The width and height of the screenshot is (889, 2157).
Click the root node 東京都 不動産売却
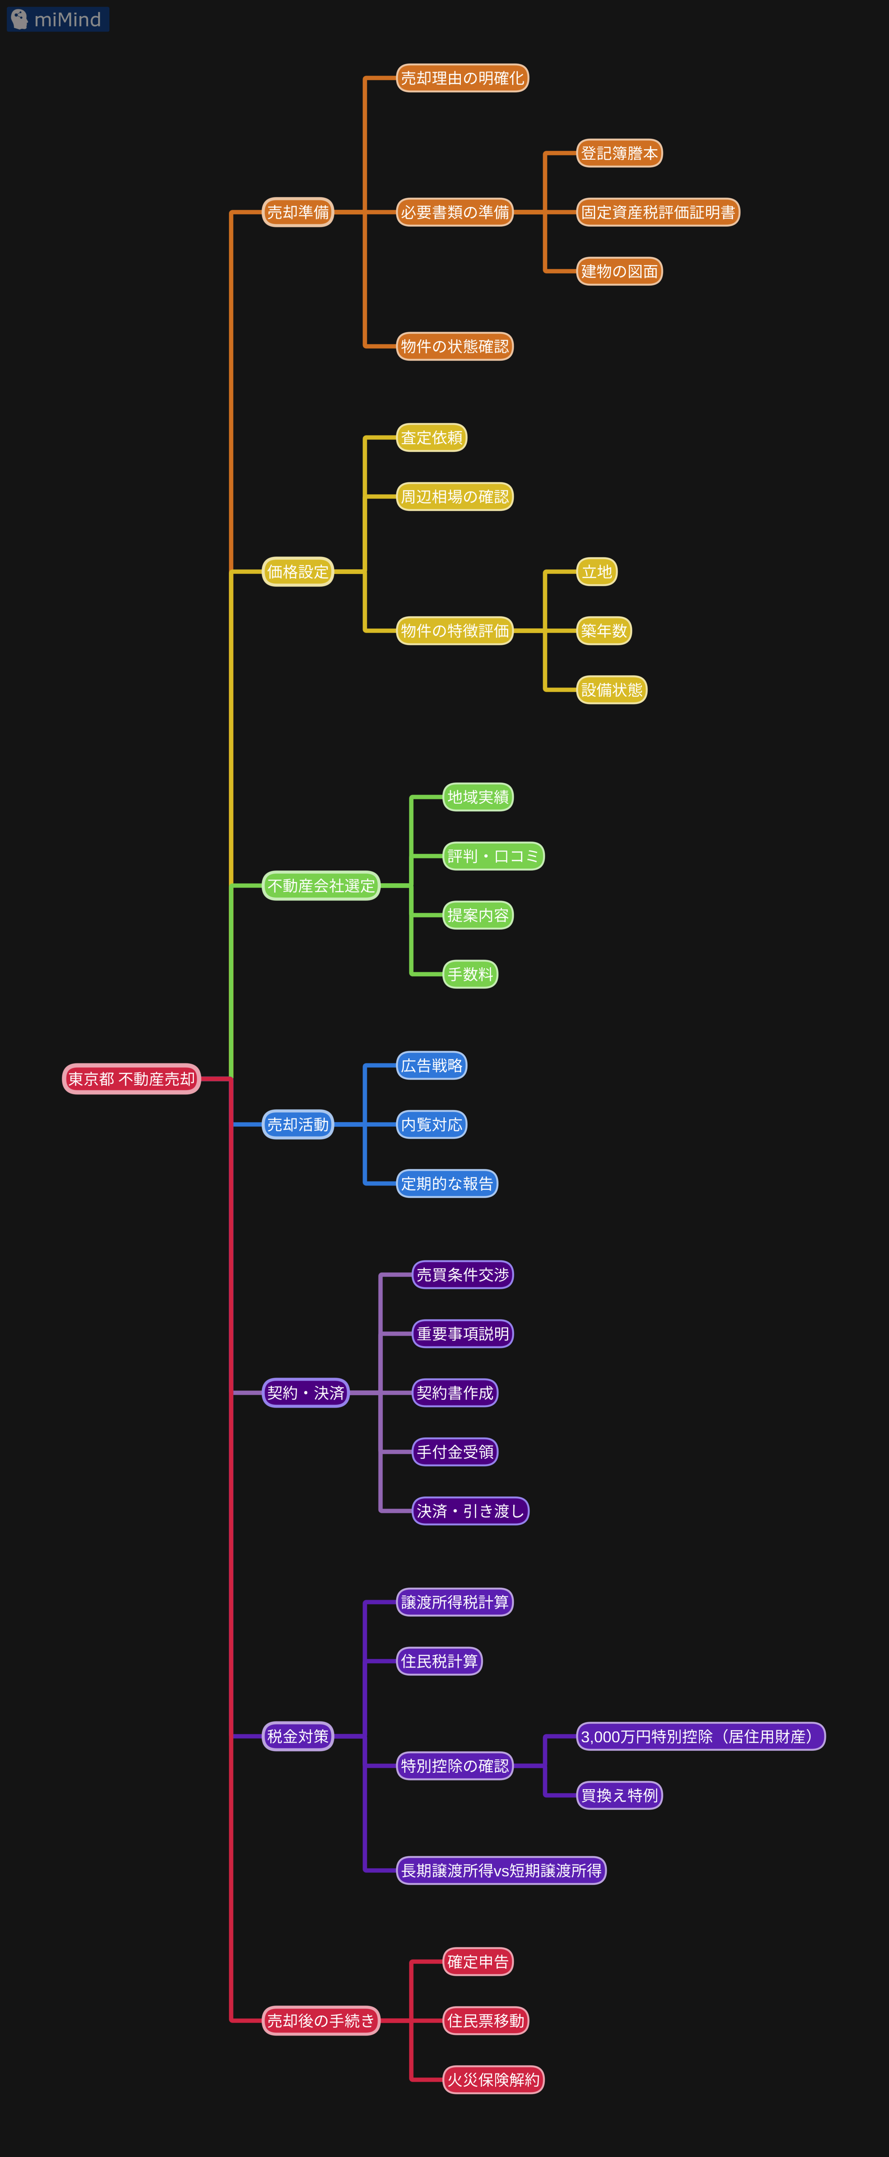click(x=131, y=1078)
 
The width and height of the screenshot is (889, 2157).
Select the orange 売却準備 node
click(x=298, y=212)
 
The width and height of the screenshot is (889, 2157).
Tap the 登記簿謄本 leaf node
click(x=619, y=153)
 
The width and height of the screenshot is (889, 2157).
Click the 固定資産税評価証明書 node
click(x=658, y=212)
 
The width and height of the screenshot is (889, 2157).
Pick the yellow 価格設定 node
click(x=298, y=572)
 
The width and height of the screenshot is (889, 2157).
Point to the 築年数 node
click(x=603, y=630)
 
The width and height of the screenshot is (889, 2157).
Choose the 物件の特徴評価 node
click(x=454, y=630)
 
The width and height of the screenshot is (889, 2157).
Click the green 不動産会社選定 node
click(x=321, y=885)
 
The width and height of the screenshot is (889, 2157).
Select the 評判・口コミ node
click(x=493, y=856)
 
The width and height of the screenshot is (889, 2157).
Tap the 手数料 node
click(x=470, y=974)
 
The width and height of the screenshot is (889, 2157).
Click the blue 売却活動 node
click(x=298, y=1125)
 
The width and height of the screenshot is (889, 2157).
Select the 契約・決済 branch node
click(x=305, y=1392)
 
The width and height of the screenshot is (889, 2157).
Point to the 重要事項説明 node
click(x=463, y=1334)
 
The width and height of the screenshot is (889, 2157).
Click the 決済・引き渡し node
click(x=470, y=1510)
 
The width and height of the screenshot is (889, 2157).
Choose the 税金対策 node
click(x=298, y=1736)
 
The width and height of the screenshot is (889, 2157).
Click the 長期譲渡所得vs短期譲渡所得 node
click(x=501, y=1870)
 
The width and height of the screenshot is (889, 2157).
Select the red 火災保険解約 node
click(x=493, y=2079)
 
